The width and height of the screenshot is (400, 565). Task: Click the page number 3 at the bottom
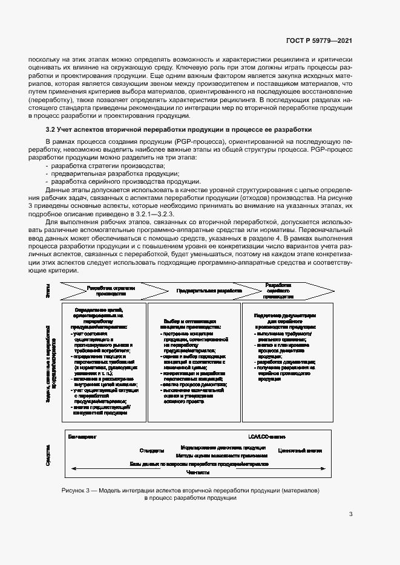point(351,515)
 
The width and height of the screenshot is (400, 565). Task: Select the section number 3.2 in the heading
point(51,129)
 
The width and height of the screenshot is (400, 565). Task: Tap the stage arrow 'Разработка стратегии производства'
point(110,291)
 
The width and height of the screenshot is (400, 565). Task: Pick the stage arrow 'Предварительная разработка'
point(209,291)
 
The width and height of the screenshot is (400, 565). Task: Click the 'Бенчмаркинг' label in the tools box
point(83,436)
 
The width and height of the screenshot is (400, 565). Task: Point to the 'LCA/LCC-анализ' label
point(266,436)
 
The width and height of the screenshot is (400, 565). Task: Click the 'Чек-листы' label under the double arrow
point(198,472)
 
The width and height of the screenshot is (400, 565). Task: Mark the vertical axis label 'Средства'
point(48,454)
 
